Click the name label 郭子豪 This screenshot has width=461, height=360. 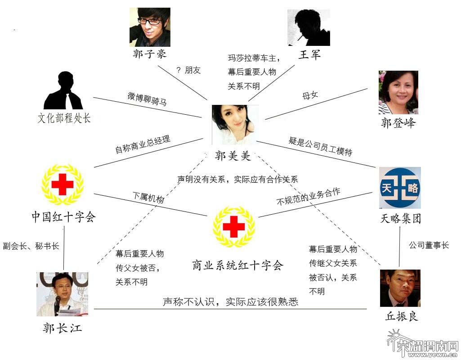(150, 54)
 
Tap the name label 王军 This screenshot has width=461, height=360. (309, 54)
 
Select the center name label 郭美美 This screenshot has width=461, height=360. (233, 155)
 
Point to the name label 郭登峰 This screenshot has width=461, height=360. (398, 122)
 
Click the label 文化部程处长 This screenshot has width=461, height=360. (64, 118)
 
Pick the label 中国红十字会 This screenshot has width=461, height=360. (63, 217)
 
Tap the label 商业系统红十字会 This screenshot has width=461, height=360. (237, 265)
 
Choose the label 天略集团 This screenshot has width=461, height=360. (401, 219)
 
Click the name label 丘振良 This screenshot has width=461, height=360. (402, 316)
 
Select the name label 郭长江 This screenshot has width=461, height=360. (63, 328)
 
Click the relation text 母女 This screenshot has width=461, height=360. (310, 95)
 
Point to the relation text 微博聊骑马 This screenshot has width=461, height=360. (147, 99)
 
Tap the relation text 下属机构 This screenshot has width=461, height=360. (148, 198)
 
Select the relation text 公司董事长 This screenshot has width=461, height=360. (429, 245)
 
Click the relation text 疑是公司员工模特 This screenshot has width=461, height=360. (320, 146)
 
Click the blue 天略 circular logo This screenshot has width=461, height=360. (400, 188)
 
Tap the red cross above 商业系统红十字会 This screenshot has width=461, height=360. (234, 226)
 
